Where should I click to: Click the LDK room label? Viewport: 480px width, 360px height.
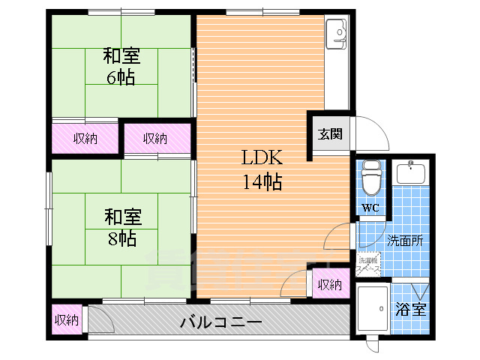click(261, 158)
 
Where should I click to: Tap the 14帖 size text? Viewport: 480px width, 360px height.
click(261, 181)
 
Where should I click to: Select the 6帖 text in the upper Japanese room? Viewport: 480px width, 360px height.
click(120, 77)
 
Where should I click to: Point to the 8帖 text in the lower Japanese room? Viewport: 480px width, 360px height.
click(121, 238)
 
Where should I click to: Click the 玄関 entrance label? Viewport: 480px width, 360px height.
click(330, 134)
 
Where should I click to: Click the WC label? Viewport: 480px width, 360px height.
click(370, 208)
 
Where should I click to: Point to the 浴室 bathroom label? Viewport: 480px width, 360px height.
click(411, 309)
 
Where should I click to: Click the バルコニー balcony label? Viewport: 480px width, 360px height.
click(220, 322)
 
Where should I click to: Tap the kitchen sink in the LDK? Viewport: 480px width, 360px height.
click(337, 33)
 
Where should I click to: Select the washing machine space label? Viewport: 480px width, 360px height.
click(369, 264)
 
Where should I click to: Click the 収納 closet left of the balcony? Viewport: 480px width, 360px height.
click(66, 319)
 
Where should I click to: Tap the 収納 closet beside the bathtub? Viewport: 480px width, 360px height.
click(330, 284)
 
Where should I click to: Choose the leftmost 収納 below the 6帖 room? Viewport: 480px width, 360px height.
click(85, 138)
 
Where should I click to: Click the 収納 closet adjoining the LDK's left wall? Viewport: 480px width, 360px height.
click(155, 138)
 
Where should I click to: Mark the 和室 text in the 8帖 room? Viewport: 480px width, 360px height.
click(121, 217)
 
